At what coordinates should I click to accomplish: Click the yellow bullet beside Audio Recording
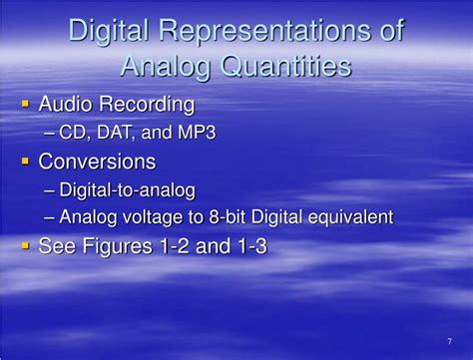[x=25, y=103]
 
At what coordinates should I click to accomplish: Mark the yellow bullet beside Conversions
[x=25, y=161]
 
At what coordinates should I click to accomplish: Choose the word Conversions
[x=97, y=161]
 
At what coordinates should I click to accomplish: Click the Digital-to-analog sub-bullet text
[x=127, y=189]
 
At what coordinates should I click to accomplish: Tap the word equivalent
[x=350, y=217]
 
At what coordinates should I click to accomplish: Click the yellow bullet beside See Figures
[x=25, y=245]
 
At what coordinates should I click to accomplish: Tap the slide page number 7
[x=450, y=341]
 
